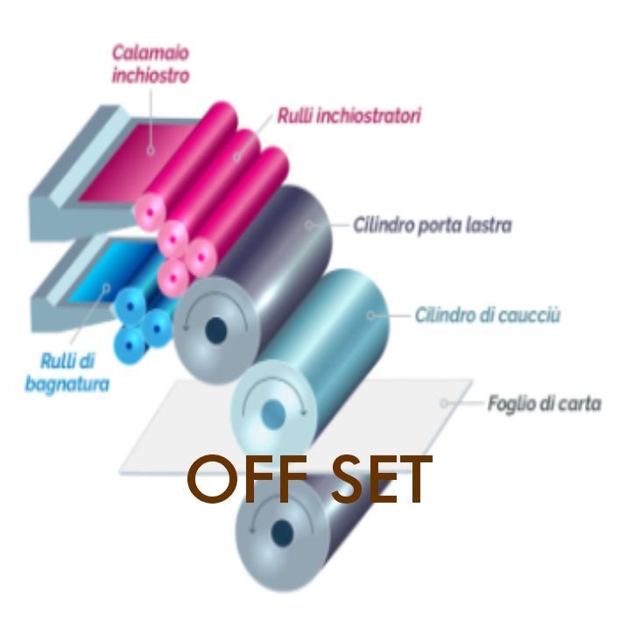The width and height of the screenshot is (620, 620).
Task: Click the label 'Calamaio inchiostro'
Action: pyautogui.click(x=150, y=66)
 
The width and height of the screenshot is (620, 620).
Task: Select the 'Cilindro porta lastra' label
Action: pyautogui.click(x=432, y=226)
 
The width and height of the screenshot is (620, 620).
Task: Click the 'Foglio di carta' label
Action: pyautogui.click(x=544, y=405)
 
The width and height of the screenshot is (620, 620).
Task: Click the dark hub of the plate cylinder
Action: pyautogui.click(x=215, y=331)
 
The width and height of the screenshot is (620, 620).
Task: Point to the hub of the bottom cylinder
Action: pyautogui.click(x=282, y=531)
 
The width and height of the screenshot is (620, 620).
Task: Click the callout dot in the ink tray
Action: pyautogui.click(x=150, y=150)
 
